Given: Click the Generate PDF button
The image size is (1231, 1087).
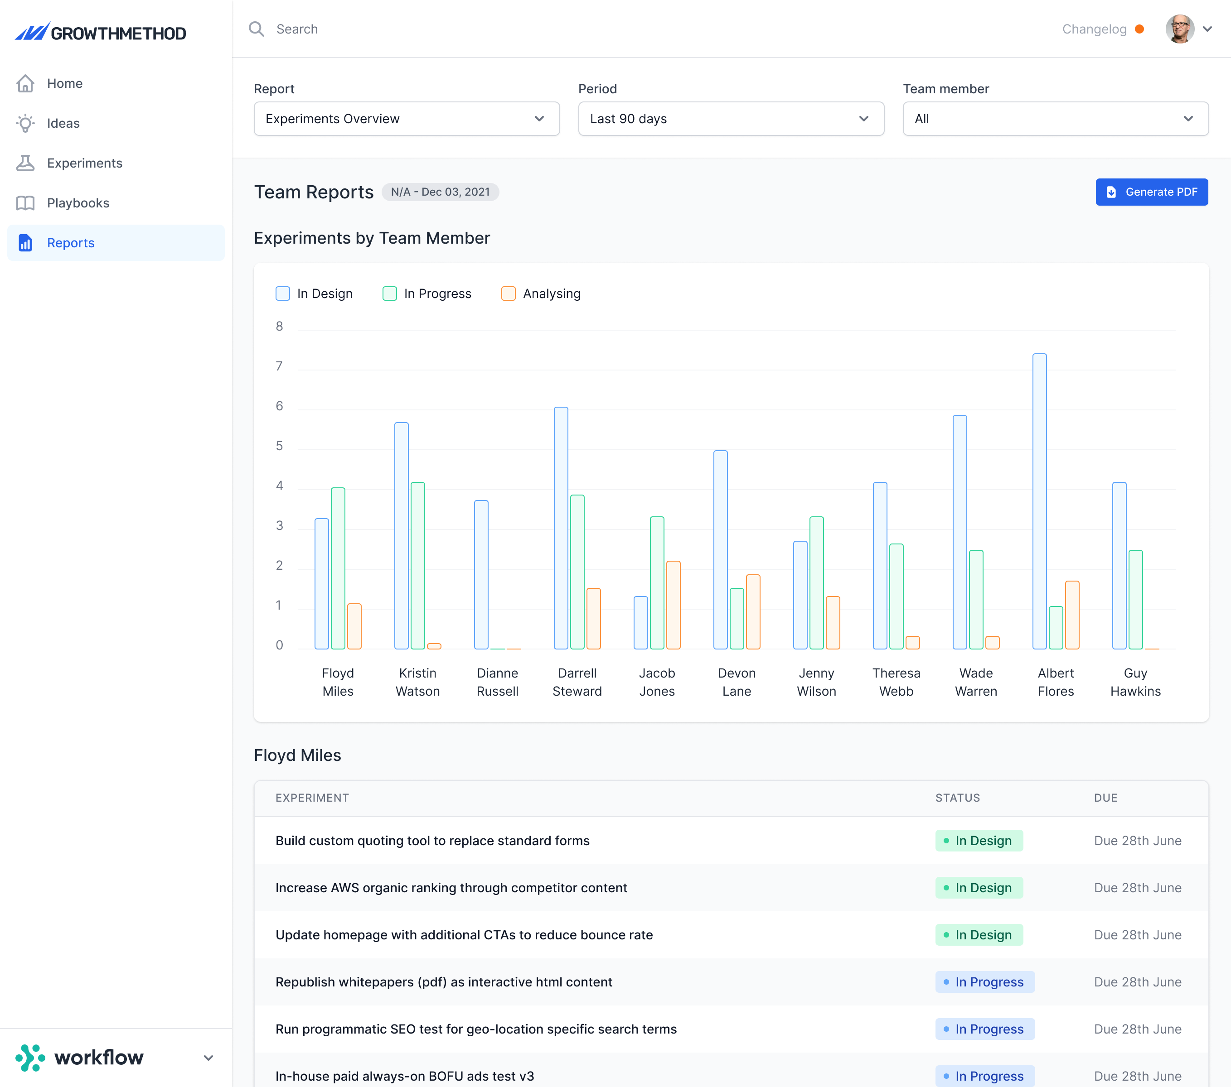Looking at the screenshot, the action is click(1152, 192).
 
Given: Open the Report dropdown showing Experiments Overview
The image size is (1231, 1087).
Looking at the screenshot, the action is click(407, 119).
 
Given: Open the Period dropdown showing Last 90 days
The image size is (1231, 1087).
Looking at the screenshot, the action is click(731, 119).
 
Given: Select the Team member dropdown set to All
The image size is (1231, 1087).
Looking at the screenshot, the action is click(1056, 119).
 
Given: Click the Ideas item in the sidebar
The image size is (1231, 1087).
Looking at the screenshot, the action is click(63, 123).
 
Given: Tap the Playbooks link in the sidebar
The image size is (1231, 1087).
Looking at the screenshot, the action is click(78, 203).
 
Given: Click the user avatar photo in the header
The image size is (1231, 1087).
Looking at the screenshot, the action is click(1180, 29).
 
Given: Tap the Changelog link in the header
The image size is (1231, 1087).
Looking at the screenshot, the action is click(1094, 29).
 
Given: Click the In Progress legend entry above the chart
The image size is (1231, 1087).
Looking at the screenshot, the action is click(427, 294).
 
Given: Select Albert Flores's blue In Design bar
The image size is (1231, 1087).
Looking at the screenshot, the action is click(1039, 501).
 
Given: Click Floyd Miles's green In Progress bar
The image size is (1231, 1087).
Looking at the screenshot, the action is click(338, 568).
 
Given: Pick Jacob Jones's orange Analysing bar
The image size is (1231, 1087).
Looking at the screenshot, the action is click(674, 605).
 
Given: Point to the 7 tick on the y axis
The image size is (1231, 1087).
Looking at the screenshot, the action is click(279, 366).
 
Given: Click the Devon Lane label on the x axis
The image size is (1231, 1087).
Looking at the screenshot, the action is click(737, 682).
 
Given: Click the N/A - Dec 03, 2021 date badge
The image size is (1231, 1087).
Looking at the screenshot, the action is click(440, 192).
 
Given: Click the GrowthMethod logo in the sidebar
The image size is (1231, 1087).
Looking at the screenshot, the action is click(101, 33).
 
